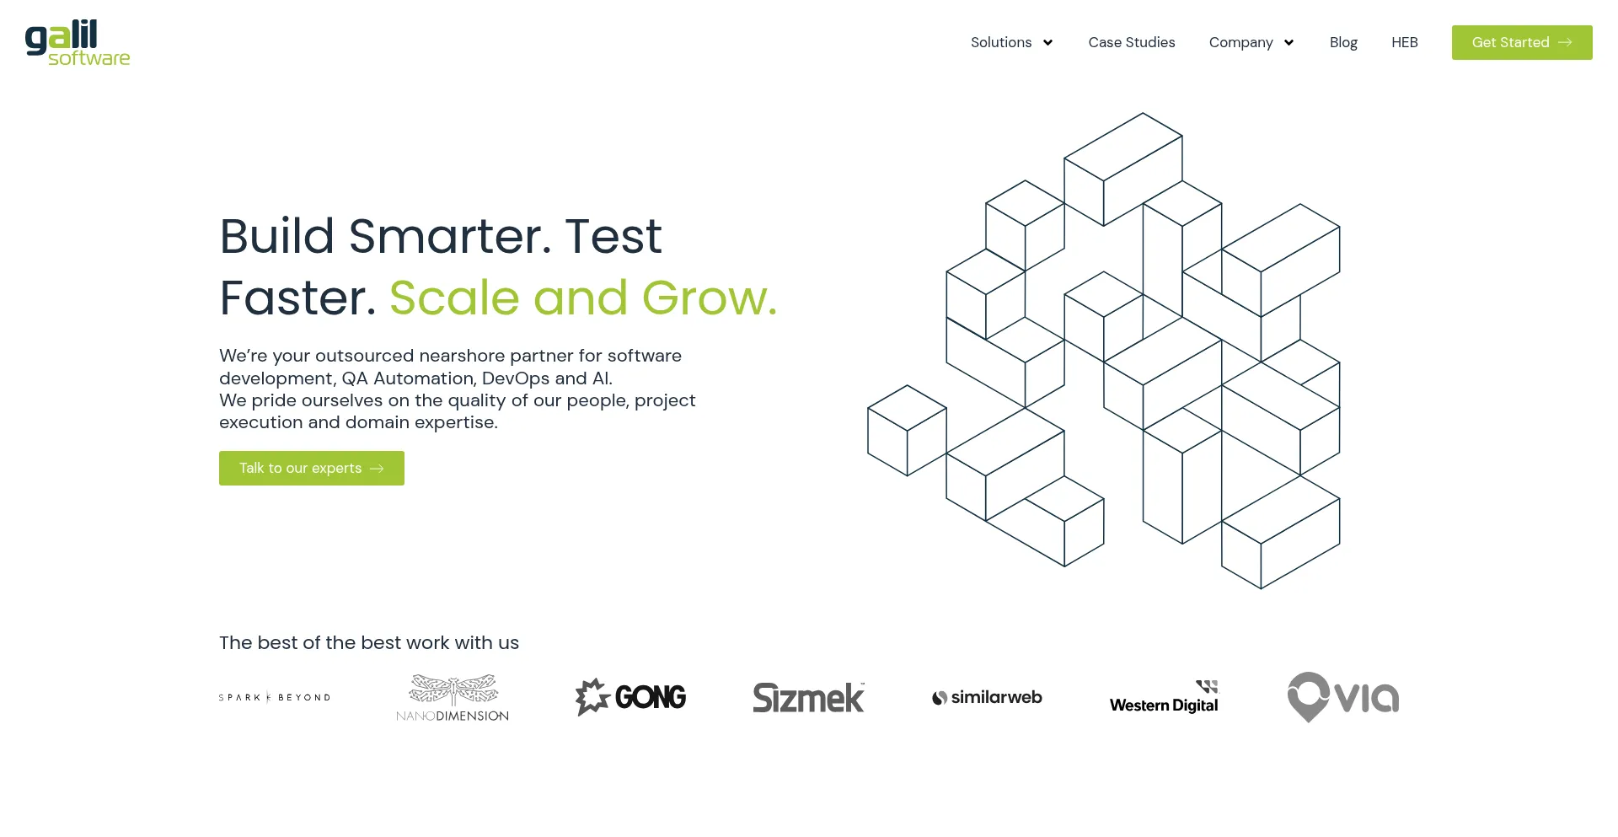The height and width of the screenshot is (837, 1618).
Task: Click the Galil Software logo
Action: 78,42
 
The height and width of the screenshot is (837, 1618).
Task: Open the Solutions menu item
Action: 1001,42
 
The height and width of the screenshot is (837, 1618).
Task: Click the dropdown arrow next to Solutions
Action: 1047,43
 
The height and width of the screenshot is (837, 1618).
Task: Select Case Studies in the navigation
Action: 1132,42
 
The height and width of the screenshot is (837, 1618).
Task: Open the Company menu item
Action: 1240,42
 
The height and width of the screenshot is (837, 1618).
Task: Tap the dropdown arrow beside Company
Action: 1289,43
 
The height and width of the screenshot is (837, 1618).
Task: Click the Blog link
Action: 1343,42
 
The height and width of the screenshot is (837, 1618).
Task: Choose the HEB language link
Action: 1405,42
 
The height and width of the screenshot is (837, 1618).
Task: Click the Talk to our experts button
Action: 312,468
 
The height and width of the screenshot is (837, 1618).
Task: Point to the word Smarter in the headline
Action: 450,236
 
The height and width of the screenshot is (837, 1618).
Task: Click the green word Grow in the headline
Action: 709,298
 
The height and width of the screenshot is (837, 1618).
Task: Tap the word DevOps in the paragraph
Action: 515,378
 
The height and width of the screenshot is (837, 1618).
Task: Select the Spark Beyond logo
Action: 275,697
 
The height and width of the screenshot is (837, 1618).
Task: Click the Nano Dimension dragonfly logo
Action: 453,697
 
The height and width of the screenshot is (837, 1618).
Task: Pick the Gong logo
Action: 630,697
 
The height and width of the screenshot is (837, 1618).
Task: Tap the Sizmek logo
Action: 809,697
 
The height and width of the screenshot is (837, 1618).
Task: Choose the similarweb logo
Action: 987,697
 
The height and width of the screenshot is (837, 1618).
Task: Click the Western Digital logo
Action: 1164,697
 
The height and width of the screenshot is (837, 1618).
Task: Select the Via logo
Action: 1343,697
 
